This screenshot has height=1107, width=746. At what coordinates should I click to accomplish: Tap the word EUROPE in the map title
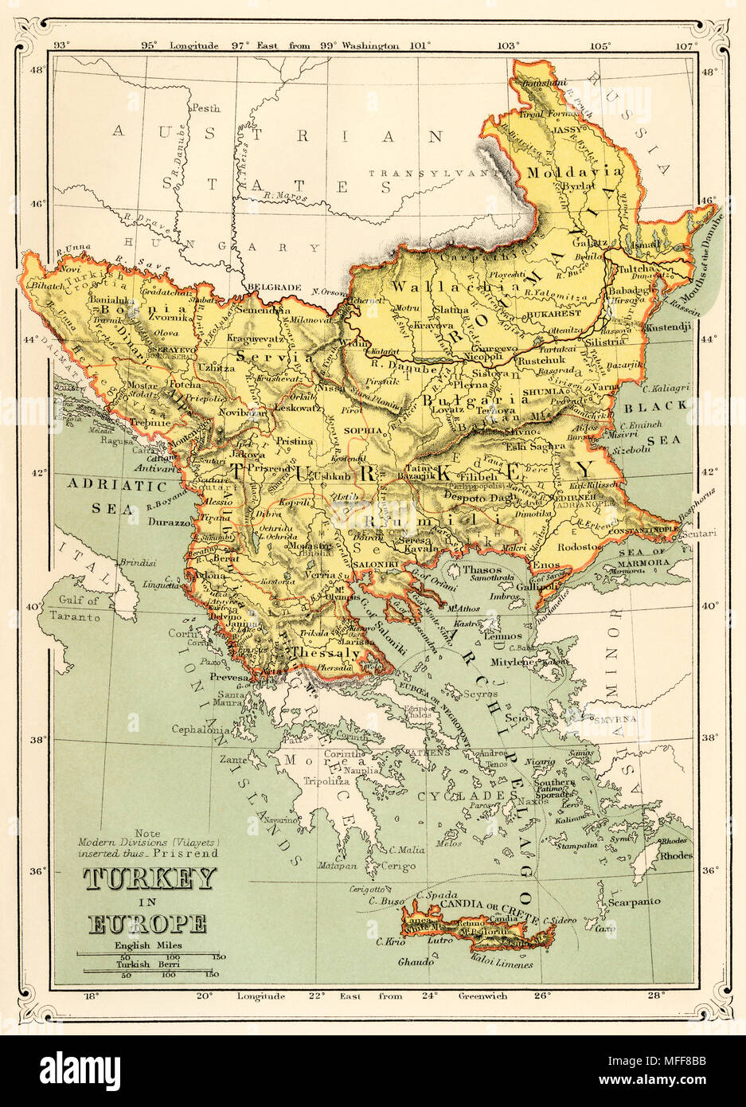tap(148, 924)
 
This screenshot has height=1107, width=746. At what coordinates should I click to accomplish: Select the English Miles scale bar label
tap(149, 945)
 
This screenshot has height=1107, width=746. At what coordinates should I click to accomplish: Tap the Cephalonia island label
tap(203, 728)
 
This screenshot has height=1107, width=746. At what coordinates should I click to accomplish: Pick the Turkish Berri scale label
tap(149, 963)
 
